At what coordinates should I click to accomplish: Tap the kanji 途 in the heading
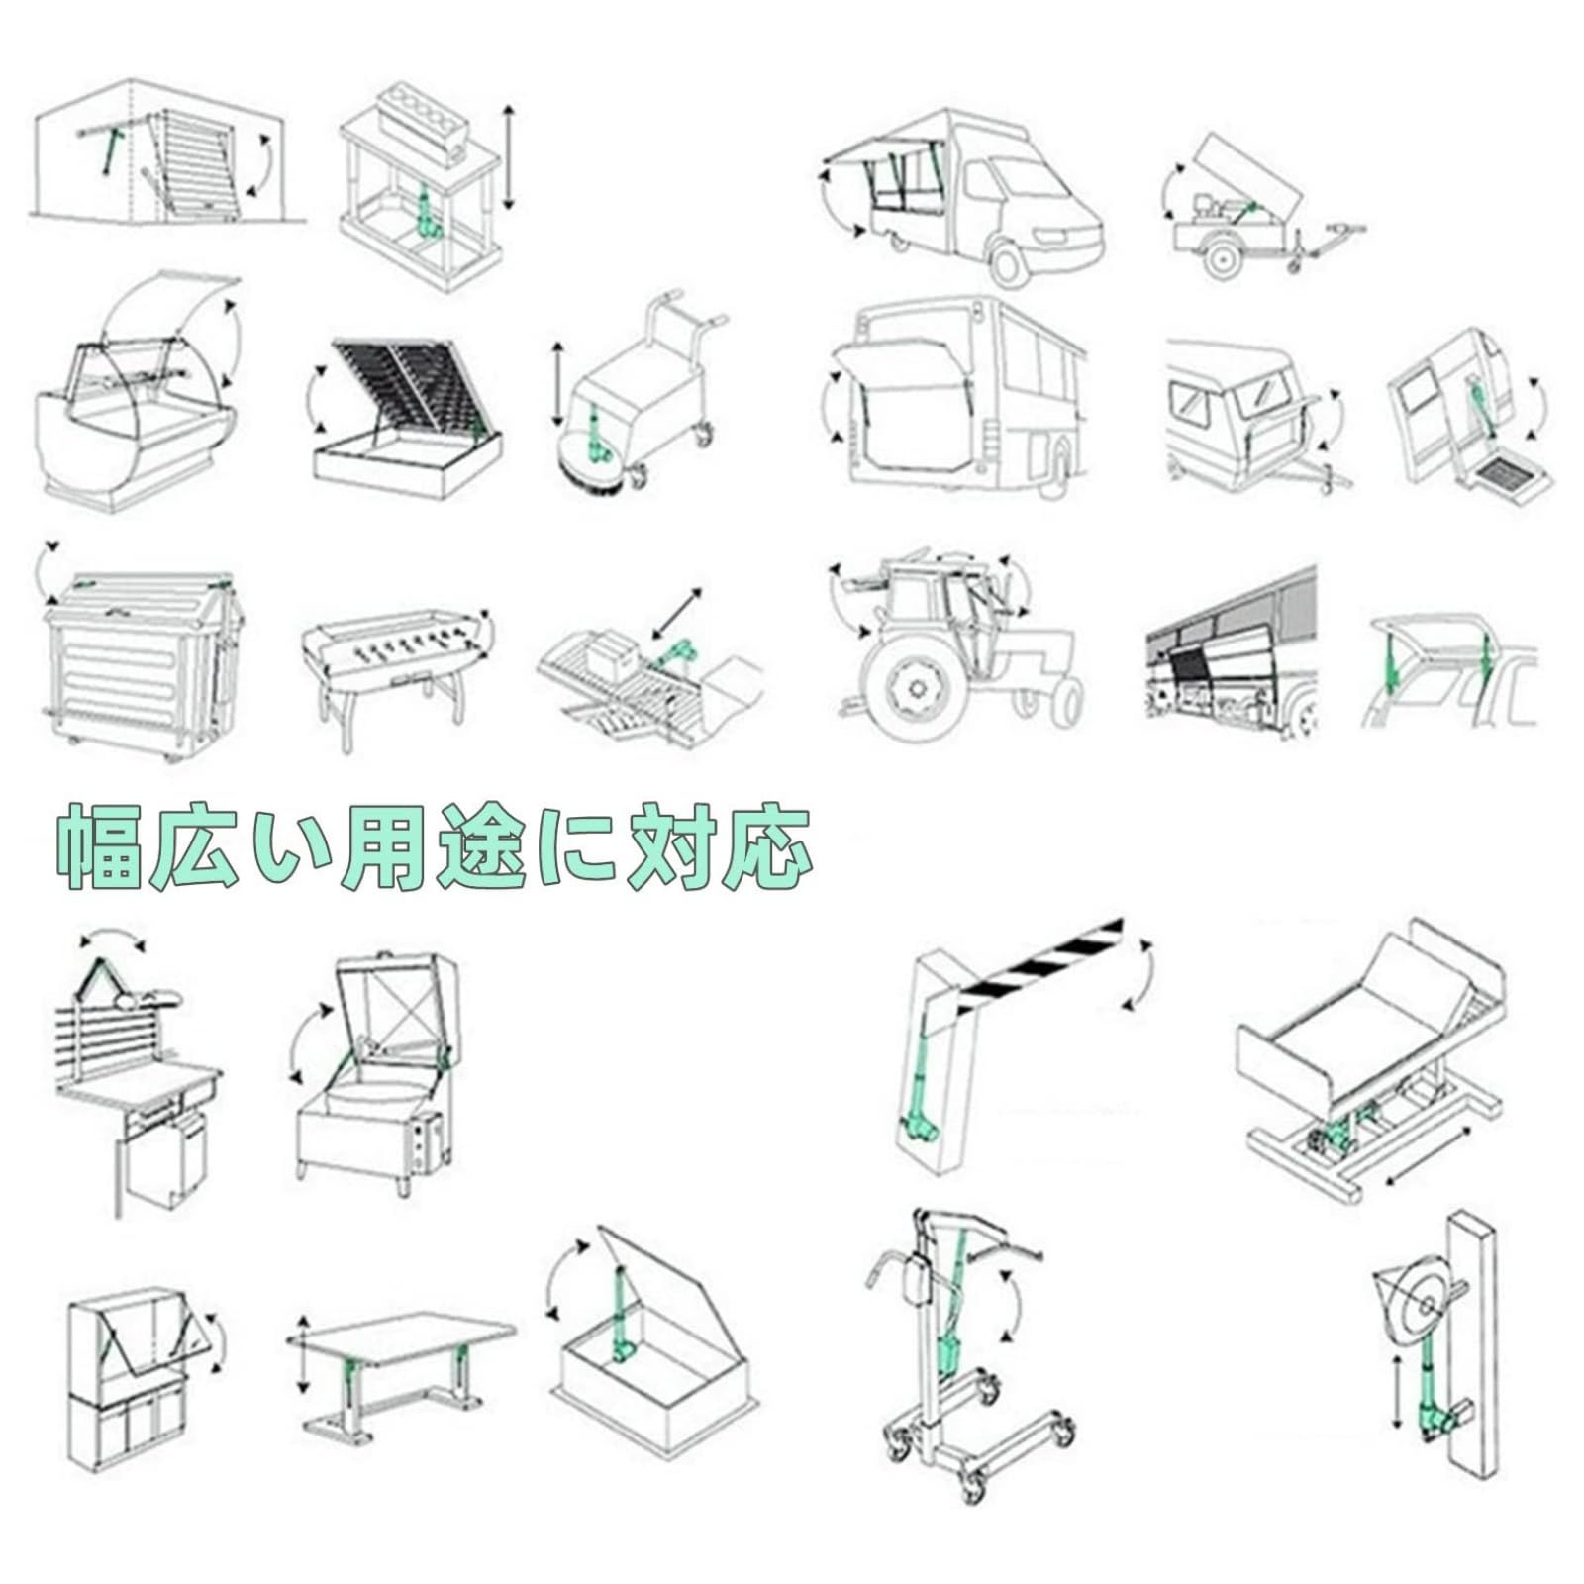[481, 847]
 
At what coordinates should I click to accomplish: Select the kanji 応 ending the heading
[768, 847]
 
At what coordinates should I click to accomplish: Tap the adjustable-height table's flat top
[400, 1333]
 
